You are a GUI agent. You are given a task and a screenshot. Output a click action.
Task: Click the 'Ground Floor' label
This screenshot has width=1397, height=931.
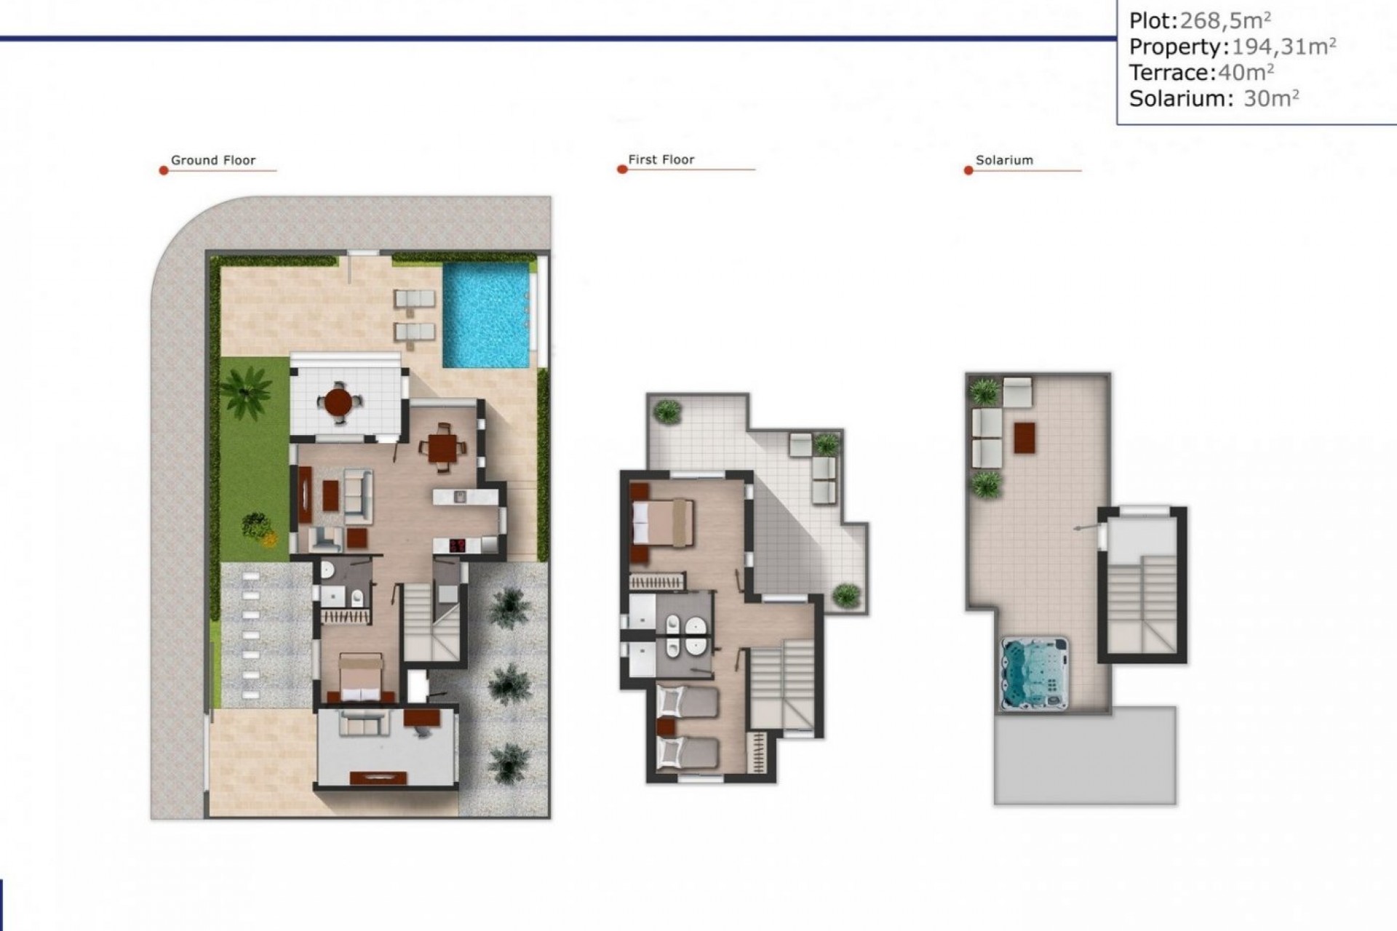pyautogui.click(x=212, y=160)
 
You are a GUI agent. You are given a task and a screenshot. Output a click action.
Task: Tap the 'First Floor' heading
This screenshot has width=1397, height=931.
pyautogui.click(x=661, y=159)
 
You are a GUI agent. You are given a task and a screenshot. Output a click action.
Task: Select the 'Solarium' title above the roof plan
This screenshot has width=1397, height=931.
pyautogui.click(x=1003, y=160)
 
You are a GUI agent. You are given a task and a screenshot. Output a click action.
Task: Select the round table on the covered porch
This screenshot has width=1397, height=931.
pyautogui.click(x=338, y=401)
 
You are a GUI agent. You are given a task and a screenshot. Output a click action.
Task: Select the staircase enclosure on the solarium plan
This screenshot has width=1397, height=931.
pyautogui.click(x=1142, y=586)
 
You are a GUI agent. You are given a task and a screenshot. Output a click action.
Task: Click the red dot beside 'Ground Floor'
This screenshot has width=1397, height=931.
pyautogui.click(x=164, y=170)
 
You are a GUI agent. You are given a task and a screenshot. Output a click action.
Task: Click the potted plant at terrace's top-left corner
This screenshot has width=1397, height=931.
pyautogui.click(x=666, y=412)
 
